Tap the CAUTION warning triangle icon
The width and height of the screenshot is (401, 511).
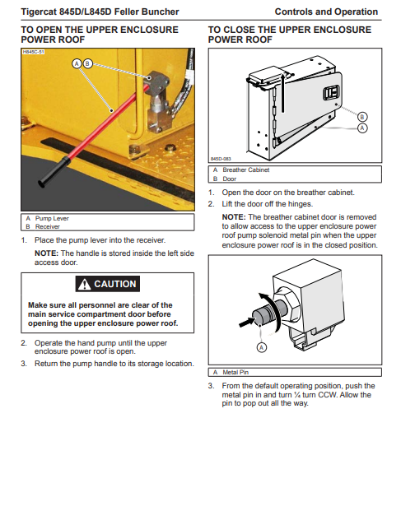tap(85, 284)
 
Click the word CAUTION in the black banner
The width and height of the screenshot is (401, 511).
tap(115, 284)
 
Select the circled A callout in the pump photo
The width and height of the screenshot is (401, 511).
tap(77, 63)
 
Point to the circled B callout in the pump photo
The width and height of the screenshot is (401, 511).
tap(87, 63)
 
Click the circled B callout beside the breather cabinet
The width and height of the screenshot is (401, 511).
tap(362, 117)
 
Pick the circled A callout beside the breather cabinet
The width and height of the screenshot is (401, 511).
tap(362, 128)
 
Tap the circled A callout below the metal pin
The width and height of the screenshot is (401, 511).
tap(262, 347)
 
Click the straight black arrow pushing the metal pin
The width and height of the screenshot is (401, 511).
tap(247, 323)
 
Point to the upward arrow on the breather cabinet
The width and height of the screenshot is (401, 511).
tap(283, 92)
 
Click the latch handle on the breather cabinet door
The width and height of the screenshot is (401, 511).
tap(331, 93)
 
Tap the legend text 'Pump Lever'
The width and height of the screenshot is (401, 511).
tap(52, 218)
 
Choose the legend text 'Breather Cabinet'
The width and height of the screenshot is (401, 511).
tap(246, 170)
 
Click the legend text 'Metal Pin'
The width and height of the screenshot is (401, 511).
tap(235, 372)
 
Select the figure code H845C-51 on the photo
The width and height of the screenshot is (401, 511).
tap(33, 52)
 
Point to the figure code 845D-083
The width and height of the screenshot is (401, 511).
tap(221, 159)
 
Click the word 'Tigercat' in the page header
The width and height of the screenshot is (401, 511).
tap(39, 12)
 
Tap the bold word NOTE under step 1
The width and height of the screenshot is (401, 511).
tap(46, 253)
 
